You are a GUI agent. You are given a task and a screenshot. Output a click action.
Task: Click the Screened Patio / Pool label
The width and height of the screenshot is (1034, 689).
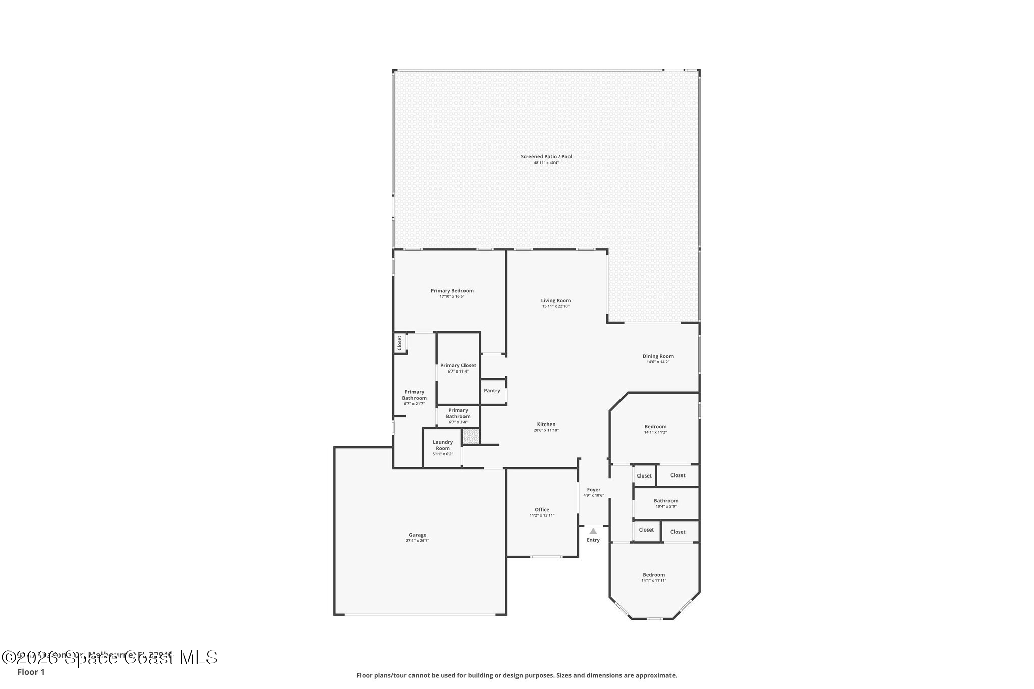coord(546,157)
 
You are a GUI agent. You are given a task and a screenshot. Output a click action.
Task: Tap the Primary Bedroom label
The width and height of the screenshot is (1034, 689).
coord(452,291)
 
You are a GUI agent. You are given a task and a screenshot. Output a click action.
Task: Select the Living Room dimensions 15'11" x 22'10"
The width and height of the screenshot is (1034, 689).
coord(556,306)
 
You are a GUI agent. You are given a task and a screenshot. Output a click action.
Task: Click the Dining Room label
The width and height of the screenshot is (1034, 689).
coord(658,356)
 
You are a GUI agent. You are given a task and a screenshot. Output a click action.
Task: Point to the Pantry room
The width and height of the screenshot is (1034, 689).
coord(492,391)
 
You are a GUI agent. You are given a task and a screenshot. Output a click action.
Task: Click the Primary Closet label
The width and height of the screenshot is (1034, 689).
coord(458,366)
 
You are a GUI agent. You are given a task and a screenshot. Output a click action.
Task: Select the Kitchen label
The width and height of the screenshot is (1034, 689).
coord(546,425)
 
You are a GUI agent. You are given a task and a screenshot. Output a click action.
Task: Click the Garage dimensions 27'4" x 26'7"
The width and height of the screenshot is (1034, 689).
coord(418,541)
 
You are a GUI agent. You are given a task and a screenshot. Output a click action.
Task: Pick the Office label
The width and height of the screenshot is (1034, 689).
coord(542,510)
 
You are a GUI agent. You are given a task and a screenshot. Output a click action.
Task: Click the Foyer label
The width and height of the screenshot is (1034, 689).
coord(594,490)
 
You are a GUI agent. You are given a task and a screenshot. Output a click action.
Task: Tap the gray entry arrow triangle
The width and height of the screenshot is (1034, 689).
coord(593,531)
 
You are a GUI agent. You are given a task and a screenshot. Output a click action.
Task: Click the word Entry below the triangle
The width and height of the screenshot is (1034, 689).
coord(593,540)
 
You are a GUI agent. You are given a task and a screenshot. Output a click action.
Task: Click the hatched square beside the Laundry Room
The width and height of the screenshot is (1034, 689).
coord(471,437)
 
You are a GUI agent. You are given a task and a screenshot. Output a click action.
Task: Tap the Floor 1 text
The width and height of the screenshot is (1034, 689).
coord(31,672)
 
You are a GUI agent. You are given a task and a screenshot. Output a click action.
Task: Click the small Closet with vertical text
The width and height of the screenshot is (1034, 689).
coord(399,343)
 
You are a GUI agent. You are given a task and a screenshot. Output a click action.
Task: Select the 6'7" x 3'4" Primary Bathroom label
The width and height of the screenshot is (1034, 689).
coord(458,416)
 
